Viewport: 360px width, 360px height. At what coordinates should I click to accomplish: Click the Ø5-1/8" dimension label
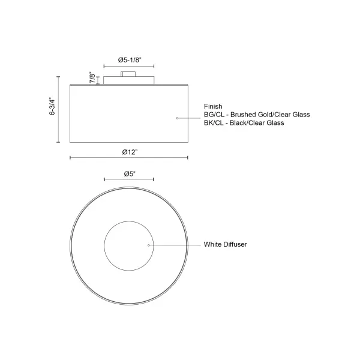point(130,60)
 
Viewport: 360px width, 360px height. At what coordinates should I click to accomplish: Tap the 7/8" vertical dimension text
point(92,78)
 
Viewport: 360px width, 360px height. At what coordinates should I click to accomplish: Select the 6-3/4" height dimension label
point(52,107)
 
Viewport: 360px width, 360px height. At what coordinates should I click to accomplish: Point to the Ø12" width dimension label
point(130,152)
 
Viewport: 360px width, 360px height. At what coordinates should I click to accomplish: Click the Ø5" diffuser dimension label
point(130,174)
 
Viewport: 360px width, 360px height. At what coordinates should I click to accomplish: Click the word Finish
point(213,106)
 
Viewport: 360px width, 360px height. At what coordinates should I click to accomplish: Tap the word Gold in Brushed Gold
point(266,115)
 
